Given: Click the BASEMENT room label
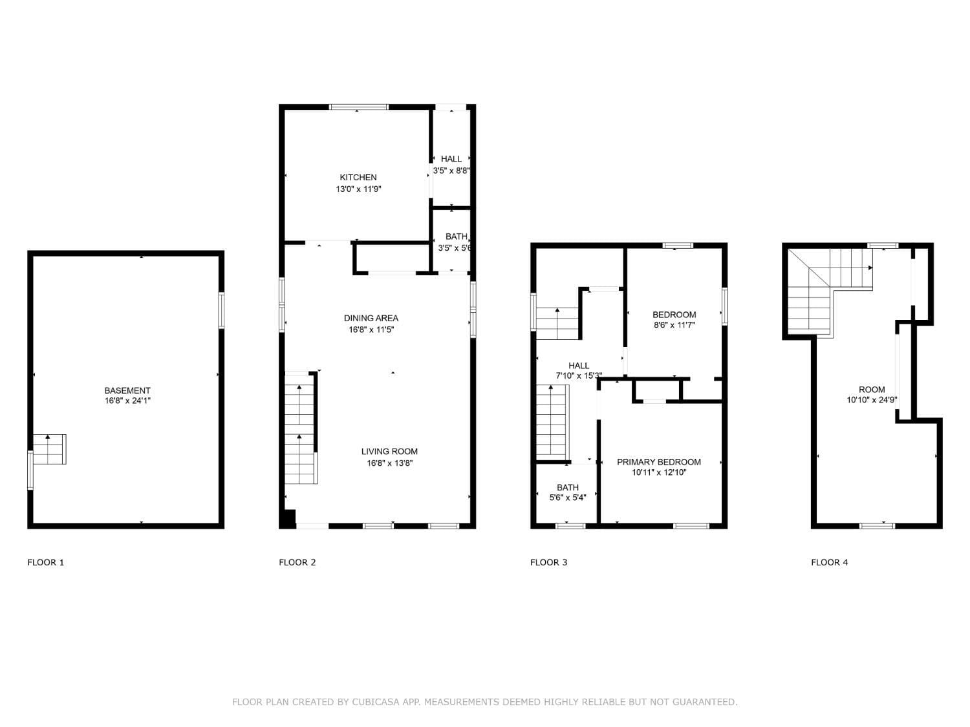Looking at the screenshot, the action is tap(127, 390).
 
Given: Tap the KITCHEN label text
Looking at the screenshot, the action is tap(358, 178).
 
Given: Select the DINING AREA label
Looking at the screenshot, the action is tap(371, 318).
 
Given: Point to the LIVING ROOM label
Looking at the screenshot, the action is tap(389, 451).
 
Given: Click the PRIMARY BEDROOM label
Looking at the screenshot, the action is tap(658, 461).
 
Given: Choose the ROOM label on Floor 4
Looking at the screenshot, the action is tap(872, 389).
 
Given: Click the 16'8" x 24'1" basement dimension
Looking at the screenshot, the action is tap(127, 401).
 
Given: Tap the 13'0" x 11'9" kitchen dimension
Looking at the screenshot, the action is tap(358, 189).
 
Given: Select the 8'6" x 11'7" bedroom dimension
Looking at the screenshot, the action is tap(674, 325).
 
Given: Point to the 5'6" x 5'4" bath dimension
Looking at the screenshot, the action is tap(567, 498).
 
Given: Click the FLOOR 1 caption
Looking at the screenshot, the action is tap(45, 562).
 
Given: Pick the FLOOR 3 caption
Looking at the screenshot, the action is tap(548, 562).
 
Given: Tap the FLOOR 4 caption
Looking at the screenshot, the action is tap(829, 562).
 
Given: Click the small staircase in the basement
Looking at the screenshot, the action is tap(50, 449).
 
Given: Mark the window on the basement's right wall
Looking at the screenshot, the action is tap(221, 310).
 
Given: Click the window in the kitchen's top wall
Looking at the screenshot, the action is tap(359, 107).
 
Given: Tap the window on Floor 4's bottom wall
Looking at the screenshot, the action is tap(877, 526).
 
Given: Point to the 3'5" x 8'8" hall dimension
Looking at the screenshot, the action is tap(451, 171).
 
